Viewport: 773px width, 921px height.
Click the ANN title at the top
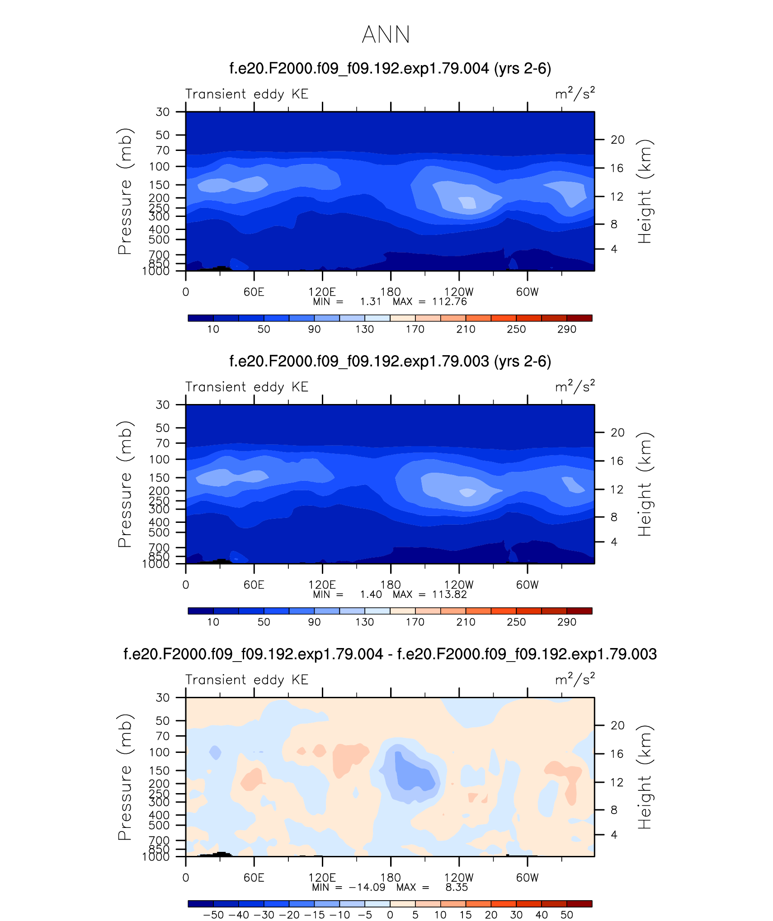click(x=386, y=34)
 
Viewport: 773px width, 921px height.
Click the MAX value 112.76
click(x=449, y=301)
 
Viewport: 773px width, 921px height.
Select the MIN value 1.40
click(x=371, y=594)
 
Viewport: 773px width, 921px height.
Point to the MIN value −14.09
click(x=367, y=887)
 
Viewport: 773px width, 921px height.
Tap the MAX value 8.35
click(x=457, y=887)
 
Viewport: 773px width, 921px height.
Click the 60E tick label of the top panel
click(x=254, y=292)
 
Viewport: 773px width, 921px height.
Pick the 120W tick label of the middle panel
click(x=459, y=585)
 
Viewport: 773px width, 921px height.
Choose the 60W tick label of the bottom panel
click(x=527, y=878)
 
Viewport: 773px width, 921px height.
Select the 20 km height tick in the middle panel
click(x=617, y=432)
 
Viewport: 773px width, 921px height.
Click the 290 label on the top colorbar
click(x=566, y=329)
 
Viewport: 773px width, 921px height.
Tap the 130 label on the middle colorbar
click(x=364, y=622)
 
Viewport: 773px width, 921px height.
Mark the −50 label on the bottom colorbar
click(x=213, y=915)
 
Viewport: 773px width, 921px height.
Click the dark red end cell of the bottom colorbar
click(x=579, y=904)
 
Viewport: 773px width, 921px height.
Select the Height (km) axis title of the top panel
click(x=645, y=191)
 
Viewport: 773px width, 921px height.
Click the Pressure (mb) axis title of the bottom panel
click(x=125, y=777)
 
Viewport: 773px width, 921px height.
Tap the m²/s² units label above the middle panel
click(x=575, y=386)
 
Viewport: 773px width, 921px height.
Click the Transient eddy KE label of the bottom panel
click(x=247, y=680)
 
